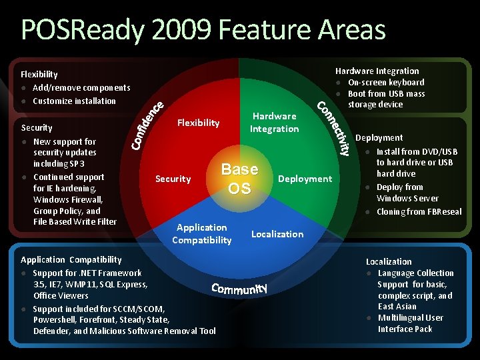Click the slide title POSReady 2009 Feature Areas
[x=203, y=31]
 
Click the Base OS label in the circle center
[x=239, y=179]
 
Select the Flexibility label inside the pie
[x=198, y=123]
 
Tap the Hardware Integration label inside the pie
[x=274, y=123]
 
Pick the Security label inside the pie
[x=173, y=179]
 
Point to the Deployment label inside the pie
[x=305, y=179]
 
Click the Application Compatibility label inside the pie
[x=201, y=234]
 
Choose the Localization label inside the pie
[x=277, y=234]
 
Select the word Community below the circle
[x=239, y=289]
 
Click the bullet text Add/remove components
[x=81, y=88]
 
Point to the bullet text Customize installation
[x=74, y=101]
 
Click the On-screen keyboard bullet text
[x=386, y=83]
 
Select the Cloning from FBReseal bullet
[x=419, y=212]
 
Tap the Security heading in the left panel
[x=37, y=128]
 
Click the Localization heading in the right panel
[x=389, y=262]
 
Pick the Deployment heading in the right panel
[x=379, y=138]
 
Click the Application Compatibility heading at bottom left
[x=71, y=260]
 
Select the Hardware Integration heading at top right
[x=377, y=71]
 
